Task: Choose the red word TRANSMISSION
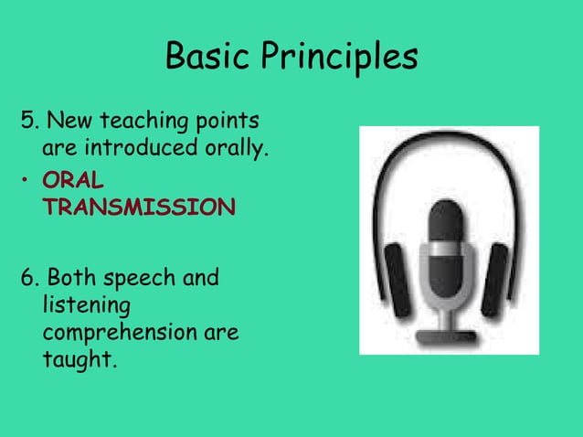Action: [x=138, y=207]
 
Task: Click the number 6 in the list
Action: [x=26, y=277]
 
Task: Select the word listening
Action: [x=87, y=304]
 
